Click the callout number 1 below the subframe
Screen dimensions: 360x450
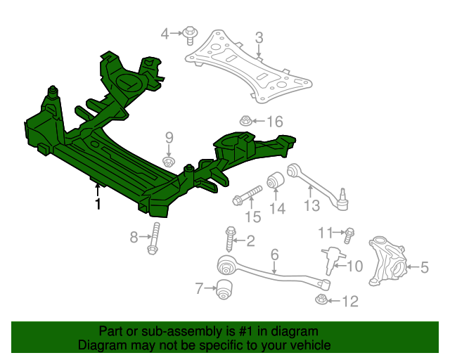click(98, 205)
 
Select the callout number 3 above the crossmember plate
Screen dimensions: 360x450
click(259, 37)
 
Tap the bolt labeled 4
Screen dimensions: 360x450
click(190, 32)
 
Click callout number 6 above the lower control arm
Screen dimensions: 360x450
click(275, 254)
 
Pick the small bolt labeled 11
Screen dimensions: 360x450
click(349, 232)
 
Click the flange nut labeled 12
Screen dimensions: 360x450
click(321, 301)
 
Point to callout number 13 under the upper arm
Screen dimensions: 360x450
click(311, 205)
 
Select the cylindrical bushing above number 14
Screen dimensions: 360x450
click(276, 180)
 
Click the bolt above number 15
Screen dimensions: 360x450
click(247, 194)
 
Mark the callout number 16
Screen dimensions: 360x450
click(274, 122)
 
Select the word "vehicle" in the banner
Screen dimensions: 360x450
click(309, 345)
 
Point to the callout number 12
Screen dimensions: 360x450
click(349, 302)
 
